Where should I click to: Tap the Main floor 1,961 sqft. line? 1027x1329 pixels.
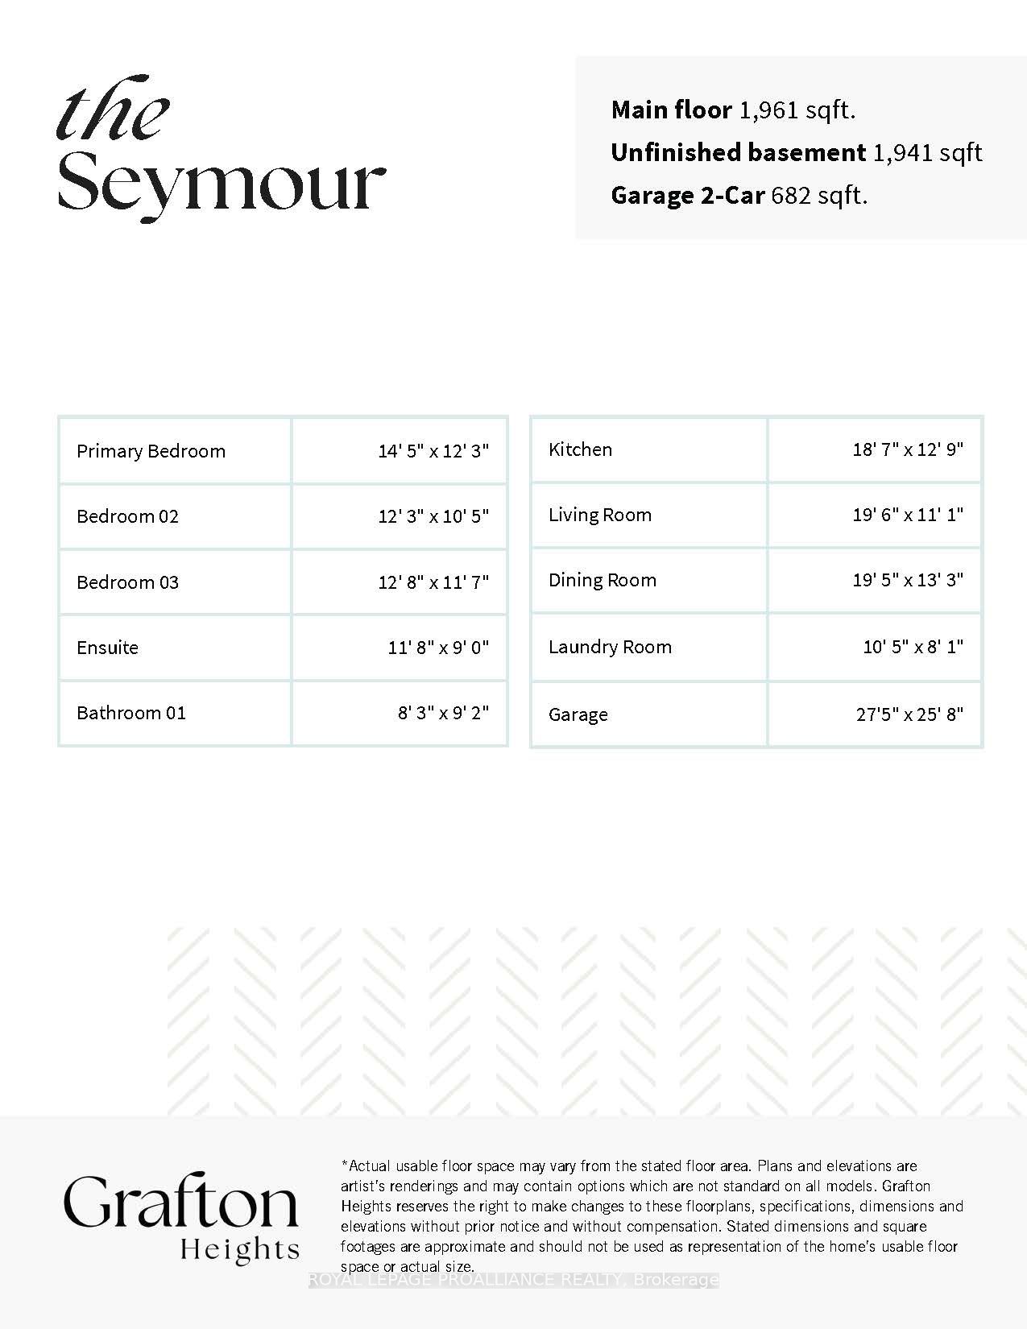(733, 110)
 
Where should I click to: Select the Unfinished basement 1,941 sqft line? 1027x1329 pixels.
(796, 152)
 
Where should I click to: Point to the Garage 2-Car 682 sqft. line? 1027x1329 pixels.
(739, 195)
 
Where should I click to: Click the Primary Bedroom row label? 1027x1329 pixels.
(151, 451)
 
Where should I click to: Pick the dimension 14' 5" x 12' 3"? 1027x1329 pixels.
(433, 451)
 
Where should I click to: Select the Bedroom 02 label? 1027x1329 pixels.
(127, 516)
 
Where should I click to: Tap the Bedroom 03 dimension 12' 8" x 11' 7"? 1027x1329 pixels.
(433, 582)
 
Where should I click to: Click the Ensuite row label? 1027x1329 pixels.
(107, 648)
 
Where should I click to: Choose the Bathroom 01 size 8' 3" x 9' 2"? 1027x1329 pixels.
(443, 713)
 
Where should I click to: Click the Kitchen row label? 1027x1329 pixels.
(580, 449)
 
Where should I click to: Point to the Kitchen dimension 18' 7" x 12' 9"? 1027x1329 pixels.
(908, 449)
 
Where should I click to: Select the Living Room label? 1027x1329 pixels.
(599, 515)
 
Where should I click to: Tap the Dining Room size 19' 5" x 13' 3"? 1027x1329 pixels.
(908, 580)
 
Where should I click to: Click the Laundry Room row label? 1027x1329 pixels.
(610, 647)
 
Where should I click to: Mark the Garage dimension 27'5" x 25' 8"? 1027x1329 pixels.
(909, 714)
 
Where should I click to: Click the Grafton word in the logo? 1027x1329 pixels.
(181, 1202)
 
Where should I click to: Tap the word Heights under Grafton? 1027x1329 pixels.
(239, 1249)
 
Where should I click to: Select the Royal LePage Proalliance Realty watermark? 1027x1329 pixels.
(513, 1280)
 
